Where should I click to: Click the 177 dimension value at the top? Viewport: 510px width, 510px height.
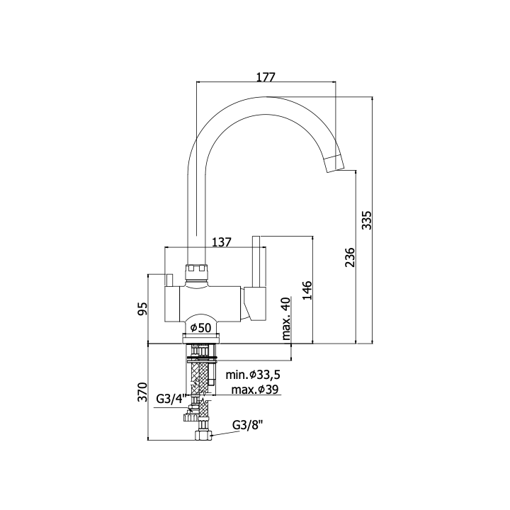[266, 77]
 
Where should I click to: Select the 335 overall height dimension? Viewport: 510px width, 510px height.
[367, 220]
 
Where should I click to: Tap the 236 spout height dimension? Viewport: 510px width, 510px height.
[350, 257]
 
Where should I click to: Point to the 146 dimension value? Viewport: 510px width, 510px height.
[307, 290]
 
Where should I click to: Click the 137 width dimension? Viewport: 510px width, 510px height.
[222, 242]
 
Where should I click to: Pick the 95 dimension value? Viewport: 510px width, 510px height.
[142, 308]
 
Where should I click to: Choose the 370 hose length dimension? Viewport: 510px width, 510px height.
[142, 392]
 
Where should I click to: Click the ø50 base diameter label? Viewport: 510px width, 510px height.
[200, 327]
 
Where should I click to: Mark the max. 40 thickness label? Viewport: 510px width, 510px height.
[286, 319]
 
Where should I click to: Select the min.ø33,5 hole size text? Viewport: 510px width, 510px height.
[253, 375]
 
